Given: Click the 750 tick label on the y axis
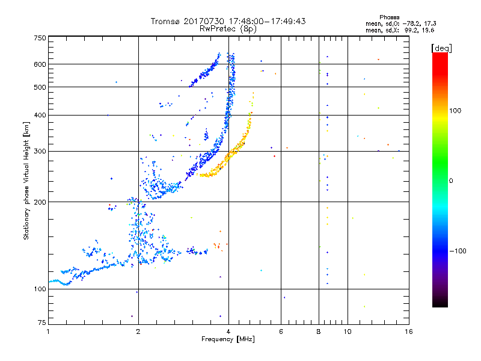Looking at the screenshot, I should [40, 38].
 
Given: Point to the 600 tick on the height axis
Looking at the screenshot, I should [40, 64].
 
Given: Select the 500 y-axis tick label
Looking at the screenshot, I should [40, 87].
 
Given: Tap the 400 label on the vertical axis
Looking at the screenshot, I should [40, 115].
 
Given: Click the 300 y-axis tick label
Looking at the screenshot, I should [40, 151].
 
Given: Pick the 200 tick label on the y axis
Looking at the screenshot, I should [40, 202].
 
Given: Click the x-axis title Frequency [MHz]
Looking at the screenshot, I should [228, 339].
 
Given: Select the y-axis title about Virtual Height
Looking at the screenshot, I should [26, 180].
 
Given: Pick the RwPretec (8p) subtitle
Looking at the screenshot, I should [228, 28].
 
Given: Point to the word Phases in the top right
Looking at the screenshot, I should [390, 17].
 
